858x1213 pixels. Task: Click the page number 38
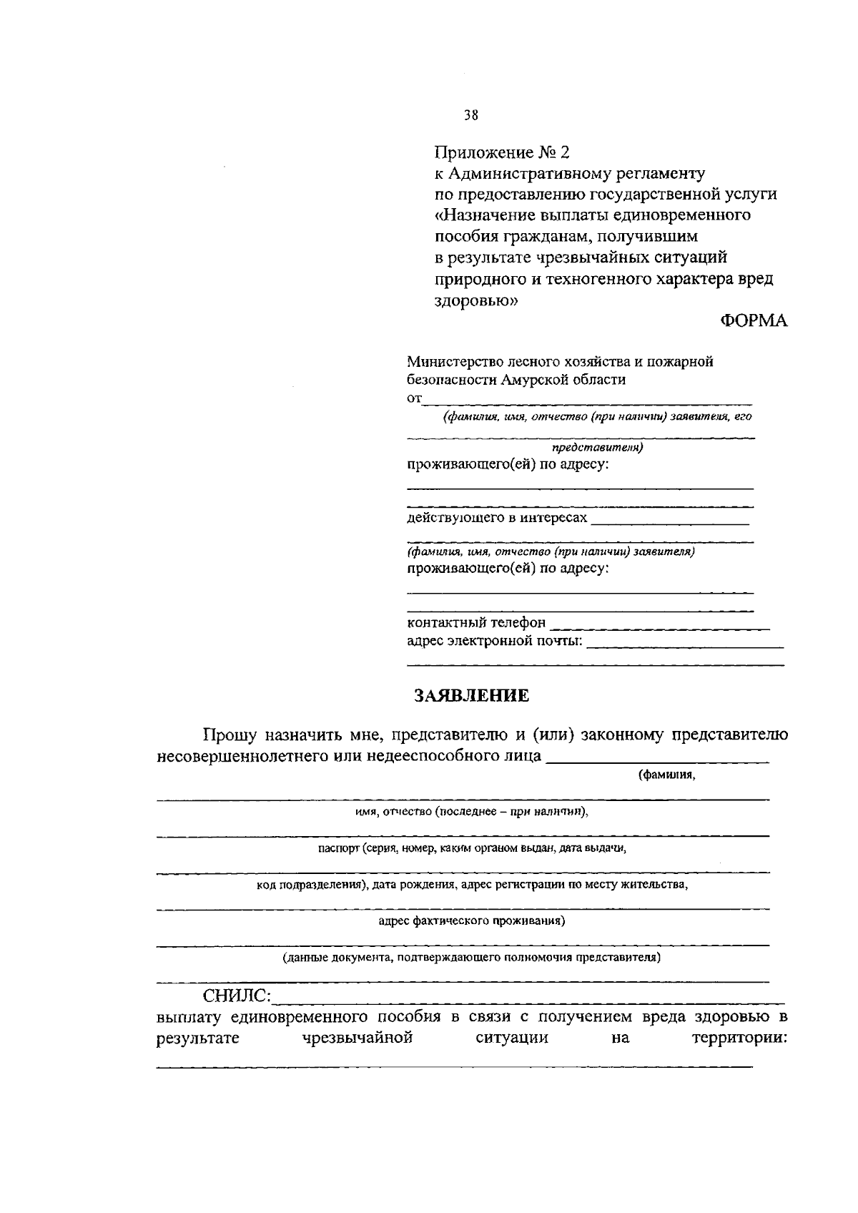470,114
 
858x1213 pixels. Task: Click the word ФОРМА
753,321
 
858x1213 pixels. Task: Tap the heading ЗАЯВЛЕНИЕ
472,695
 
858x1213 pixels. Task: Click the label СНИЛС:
237,996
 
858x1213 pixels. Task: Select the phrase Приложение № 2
503,152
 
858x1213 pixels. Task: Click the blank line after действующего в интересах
670,523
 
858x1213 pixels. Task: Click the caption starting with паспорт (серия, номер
472,848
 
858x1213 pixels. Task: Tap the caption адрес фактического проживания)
472,921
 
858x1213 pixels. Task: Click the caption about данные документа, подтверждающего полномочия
471,958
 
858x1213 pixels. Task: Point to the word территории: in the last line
739,1038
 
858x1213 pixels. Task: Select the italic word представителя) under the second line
597,448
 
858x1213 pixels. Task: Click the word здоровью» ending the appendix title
476,301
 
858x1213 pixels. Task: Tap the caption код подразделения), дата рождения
472,885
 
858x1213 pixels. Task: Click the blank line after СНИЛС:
529,1001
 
